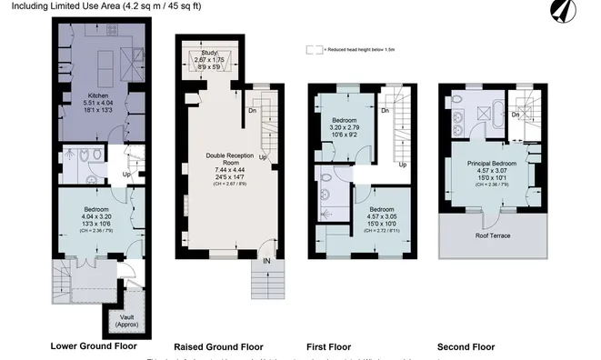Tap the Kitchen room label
click(x=98, y=95)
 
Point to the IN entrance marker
click(x=267, y=261)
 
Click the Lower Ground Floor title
click(x=95, y=347)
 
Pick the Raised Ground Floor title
click(x=218, y=347)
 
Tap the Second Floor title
click(x=466, y=347)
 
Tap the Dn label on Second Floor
click(x=516, y=115)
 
